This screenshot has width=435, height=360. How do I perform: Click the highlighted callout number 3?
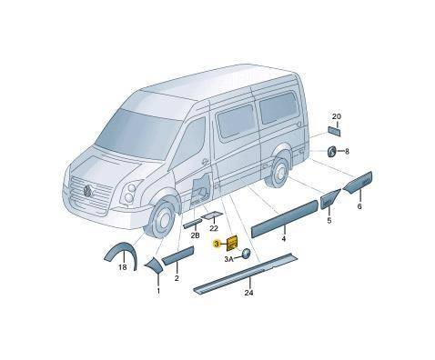[217, 244]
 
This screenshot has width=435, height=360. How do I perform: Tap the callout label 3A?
[229, 259]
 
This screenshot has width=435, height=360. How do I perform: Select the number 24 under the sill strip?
[249, 293]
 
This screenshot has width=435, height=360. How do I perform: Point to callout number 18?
[123, 267]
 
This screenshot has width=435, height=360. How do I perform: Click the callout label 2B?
[195, 235]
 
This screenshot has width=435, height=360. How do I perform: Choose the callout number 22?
[214, 228]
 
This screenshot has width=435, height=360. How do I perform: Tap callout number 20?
[337, 116]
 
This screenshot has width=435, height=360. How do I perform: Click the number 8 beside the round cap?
[347, 151]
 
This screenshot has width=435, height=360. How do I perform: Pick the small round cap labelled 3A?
[246, 254]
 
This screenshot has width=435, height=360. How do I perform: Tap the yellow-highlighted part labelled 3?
[233, 243]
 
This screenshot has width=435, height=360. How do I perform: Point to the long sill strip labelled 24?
[247, 273]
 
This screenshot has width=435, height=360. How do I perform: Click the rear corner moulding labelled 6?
[359, 183]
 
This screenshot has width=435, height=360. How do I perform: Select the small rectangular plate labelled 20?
[334, 131]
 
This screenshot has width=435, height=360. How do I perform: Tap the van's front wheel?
[161, 220]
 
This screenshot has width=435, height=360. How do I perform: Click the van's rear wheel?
[278, 173]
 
